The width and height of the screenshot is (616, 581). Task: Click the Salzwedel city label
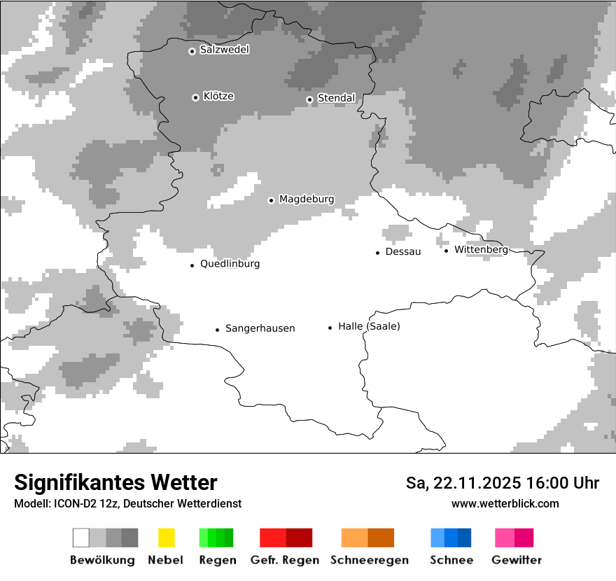point(224,50)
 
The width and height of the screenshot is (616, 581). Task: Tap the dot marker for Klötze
point(195,97)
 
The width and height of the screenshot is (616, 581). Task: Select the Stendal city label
point(336,98)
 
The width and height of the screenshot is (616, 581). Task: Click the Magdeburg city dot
point(271,200)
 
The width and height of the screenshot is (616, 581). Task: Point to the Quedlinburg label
point(230,264)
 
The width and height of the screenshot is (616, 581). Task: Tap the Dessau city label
point(403,251)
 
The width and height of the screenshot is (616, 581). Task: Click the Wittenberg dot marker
point(446,250)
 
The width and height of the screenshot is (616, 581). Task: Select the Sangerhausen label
point(260,328)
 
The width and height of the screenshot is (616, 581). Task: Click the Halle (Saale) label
point(369,326)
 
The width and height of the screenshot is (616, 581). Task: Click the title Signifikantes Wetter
point(115,482)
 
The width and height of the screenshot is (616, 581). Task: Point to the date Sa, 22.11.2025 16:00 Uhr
point(502,483)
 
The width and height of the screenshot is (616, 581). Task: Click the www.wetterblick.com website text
point(505,503)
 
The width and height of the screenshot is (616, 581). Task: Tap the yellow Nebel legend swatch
point(166,538)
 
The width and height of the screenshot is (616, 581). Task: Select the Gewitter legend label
point(517,560)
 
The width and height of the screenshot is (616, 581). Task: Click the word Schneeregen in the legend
point(369,560)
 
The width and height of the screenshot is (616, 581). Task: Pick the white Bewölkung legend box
point(81,538)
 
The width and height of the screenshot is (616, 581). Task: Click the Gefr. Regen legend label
point(284,560)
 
